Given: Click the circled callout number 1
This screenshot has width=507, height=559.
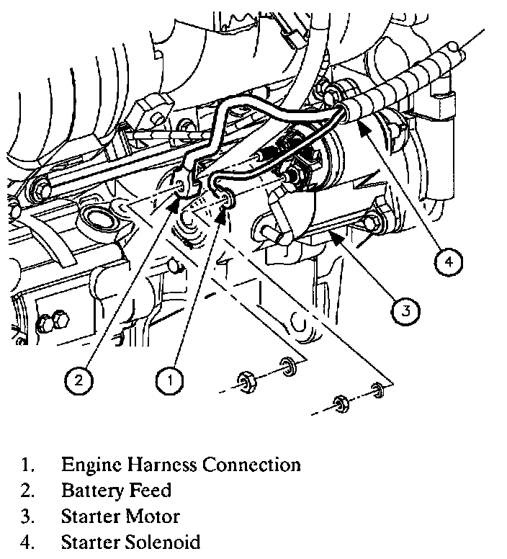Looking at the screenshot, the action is tap(169, 380).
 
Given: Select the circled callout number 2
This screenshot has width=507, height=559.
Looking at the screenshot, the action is tap(78, 380).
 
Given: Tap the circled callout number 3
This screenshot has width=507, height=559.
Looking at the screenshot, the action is tap(405, 311).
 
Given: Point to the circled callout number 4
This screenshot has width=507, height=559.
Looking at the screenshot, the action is tap(448, 261).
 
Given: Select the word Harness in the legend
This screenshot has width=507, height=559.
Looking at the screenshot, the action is tap(163, 465).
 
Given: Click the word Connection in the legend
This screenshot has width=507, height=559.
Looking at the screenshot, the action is tap(251, 465).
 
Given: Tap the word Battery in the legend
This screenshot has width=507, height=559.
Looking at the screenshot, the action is tap(93, 491).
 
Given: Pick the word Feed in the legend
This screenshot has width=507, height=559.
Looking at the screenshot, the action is tap(150, 490).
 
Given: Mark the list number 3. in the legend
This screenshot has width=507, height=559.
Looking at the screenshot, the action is tap(27, 516).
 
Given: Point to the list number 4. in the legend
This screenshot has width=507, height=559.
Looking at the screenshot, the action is tap(27, 542).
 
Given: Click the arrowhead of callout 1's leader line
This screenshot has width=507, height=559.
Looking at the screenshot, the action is tap(223, 215).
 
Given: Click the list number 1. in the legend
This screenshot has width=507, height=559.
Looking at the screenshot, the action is tap(27, 465).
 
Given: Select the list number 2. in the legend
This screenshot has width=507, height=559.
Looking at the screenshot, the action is tap(27, 491).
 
